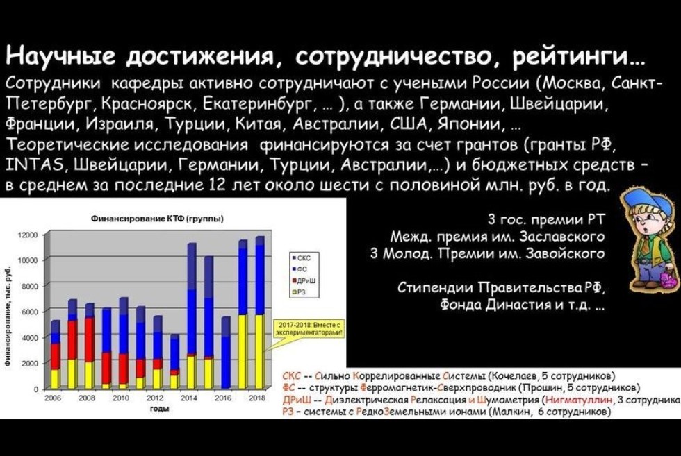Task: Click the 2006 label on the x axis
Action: click(52, 398)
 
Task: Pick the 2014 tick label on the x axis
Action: click(189, 398)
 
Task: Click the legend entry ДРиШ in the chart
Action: click(306, 280)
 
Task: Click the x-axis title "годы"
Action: click(157, 409)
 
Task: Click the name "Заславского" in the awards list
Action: click(562, 237)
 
